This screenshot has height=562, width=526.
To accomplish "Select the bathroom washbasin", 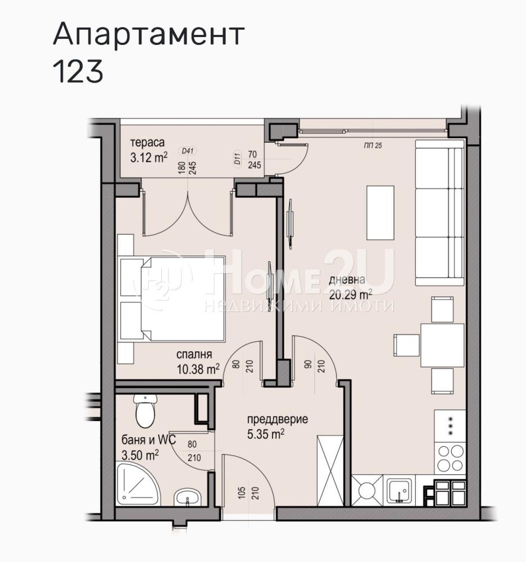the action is (188, 497).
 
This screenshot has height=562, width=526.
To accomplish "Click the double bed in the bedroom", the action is (173, 298).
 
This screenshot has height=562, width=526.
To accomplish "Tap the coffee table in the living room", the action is (380, 212).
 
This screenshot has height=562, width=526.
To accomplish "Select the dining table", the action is (442, 345).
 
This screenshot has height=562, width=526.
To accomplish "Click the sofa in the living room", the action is (439, 213).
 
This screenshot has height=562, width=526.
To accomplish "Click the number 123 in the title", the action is (78, 71).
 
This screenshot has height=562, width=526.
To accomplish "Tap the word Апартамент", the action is (149, 34).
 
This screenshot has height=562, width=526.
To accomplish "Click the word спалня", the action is (194, 355).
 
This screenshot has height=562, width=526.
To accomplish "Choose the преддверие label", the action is (278, 419).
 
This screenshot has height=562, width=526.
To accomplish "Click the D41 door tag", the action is (188, 151).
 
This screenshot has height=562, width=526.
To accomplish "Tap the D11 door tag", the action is (237, 157).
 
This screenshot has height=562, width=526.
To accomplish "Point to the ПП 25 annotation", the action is (373, 145).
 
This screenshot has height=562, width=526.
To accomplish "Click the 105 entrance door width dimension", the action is (242, 492).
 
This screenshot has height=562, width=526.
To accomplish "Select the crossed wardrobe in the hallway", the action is (330, 471).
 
